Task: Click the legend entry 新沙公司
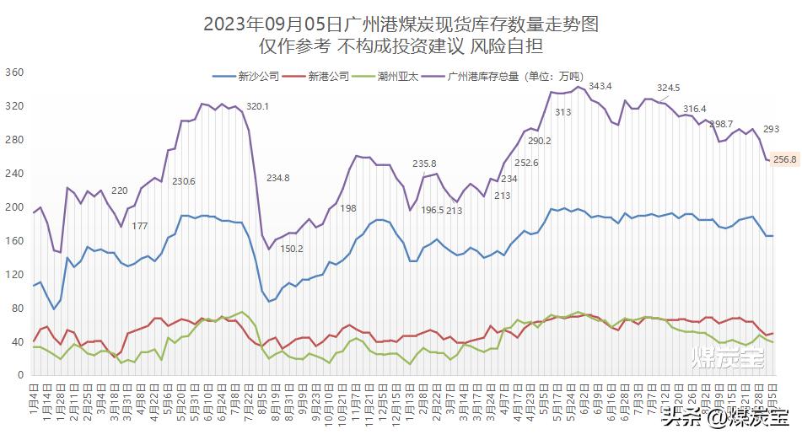tap(258, 76)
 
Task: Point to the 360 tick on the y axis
tap(14, 72)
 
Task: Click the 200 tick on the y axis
tap(14, 207)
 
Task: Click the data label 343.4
tap(600, 86)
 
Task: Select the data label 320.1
tap(257, 106)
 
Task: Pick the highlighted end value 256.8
tap(784, 159)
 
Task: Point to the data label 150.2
tap(292, 249)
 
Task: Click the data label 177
tap(140, 226)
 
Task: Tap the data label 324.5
tap(668, 88)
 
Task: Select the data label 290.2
tap(539, 141)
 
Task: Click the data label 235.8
tap(424, 164)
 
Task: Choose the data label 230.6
tap(184, 181)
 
